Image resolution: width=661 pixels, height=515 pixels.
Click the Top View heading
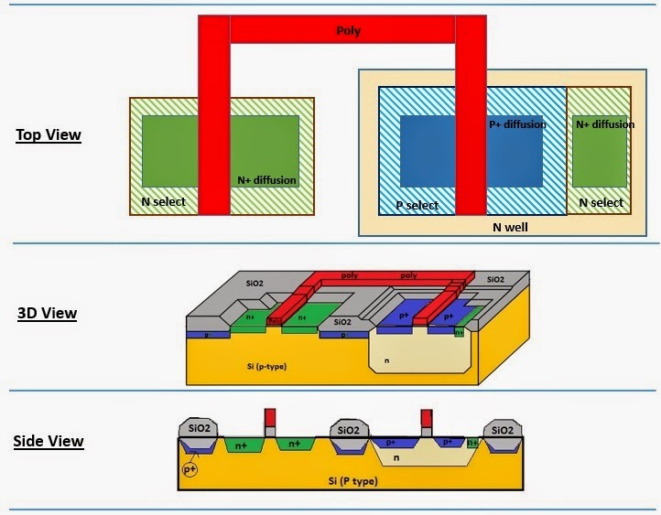point(48,135)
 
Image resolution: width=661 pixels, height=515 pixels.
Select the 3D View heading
point(46,314)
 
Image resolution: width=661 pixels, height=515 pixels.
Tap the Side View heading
point(48,442)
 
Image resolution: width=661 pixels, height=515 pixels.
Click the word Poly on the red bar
point(349,31)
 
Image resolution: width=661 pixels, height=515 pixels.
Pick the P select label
point(416,205)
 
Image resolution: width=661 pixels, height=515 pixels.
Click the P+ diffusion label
point(516,124)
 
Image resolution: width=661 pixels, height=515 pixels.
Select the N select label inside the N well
point(600,203)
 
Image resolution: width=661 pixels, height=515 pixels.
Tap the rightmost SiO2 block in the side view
point(503,430)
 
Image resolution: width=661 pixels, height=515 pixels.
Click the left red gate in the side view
point(269,417)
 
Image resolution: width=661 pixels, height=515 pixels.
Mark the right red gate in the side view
point(426,417)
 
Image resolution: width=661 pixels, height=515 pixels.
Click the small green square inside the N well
point(600,151)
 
